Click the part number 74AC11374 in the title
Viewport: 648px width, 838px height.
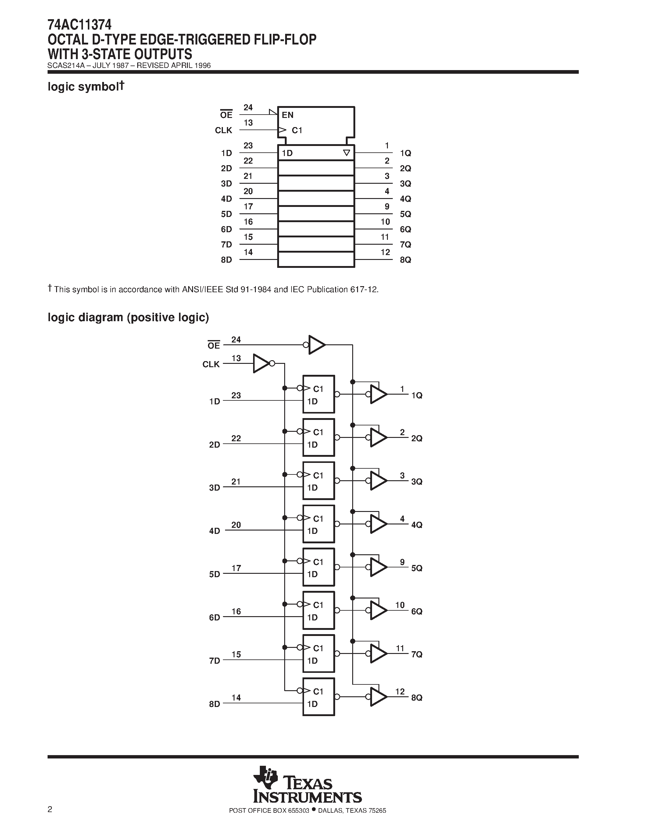(x=80, y=25)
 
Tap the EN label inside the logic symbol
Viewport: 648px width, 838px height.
(x=288, y=115)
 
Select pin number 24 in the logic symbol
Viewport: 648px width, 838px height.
(x=248, y=108)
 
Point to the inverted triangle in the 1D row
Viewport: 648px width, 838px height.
(x=346, y=153)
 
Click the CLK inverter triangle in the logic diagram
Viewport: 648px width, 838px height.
(x=261, y=363)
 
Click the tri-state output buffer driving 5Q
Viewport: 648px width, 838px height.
(x=378, y=567)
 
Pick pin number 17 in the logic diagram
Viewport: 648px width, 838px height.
(x=236, y=568)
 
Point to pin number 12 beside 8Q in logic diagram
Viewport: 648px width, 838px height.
(x=400, y=691)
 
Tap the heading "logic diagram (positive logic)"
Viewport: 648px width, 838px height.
(x=128, y=317)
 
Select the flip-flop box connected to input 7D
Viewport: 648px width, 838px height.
(x=318, y=653)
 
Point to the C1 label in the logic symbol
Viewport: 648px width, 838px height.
(x=297, y=130)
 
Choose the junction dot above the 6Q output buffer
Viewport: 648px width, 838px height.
(x=353, y=598)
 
